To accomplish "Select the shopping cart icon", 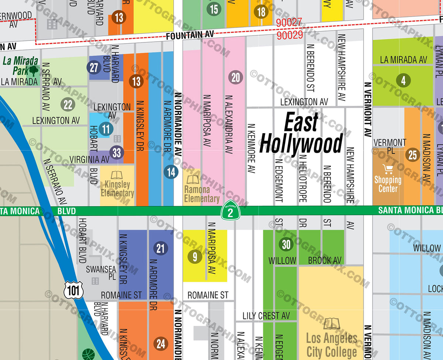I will tap(388, 169).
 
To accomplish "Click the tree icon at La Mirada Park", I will tap(34, 70).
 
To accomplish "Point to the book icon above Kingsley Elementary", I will tap(117, 175).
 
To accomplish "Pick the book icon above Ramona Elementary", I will tap(193, 180).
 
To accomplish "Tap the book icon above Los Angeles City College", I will tap(331, 324).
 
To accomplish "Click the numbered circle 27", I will tap(94, 67).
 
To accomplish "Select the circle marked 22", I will tap(68, 105).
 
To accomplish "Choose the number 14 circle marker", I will tap(171, 172).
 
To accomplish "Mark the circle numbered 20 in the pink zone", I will tap(236, 77).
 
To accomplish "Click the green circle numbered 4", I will tap(403, 80).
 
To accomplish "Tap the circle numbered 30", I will tap(286, 244).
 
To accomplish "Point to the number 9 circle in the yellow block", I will tap(195, 257).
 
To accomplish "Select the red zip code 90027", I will tap(289, 23).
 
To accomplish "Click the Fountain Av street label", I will tap(190, 35).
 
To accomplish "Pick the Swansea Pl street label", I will tap(101, 273).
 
